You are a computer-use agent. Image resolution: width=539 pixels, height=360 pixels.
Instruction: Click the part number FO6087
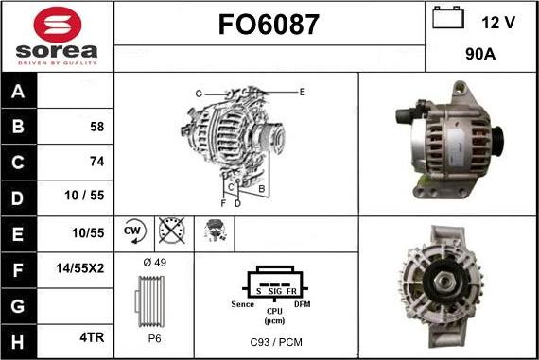coord(269,25)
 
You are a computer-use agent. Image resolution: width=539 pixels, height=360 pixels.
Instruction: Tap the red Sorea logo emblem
coord(58,25)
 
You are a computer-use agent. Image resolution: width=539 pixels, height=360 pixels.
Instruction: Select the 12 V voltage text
coord(498,23)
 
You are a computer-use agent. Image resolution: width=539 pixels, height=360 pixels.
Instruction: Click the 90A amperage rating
coord(480,54)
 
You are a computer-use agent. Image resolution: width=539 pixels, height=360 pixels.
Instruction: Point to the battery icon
coord(448,17)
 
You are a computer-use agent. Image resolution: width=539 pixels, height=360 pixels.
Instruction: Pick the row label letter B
coord(18,126)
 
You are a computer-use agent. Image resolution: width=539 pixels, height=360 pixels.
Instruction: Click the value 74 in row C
coord(97,162)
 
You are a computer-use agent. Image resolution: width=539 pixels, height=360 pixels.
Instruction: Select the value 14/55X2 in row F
coord(80,268)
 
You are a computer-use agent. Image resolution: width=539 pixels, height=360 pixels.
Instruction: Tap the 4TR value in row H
coord(92,337)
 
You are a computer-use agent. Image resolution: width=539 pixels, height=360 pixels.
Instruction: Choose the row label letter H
coord(18,342)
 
